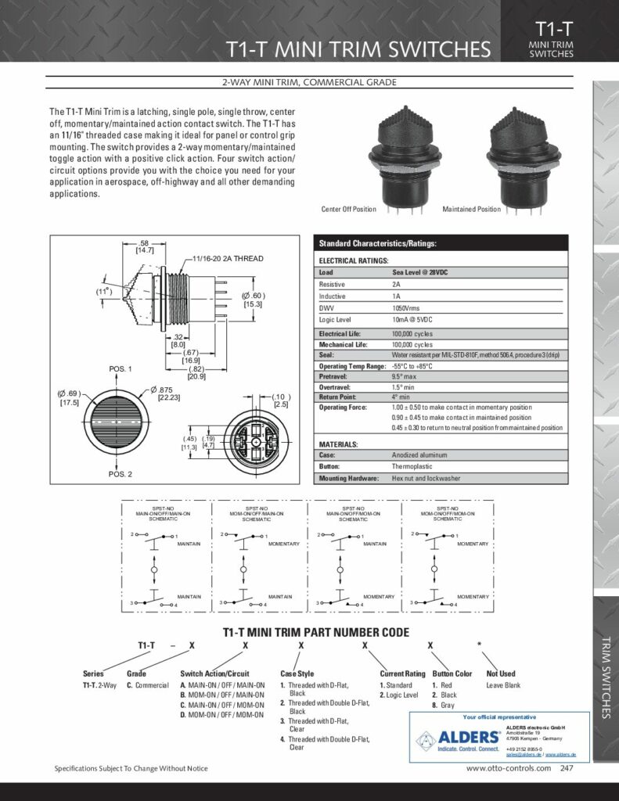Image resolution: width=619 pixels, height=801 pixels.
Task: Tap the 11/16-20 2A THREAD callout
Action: point(228,258)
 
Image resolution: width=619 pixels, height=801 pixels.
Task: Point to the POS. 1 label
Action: point(120,368)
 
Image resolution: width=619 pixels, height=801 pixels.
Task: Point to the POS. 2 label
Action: point(120,474)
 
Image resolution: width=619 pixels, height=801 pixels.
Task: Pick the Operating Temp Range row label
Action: point(353,366)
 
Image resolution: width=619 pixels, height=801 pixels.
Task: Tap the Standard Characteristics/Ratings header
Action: point(377,244)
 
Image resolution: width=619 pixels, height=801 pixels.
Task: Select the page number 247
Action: point(566,769)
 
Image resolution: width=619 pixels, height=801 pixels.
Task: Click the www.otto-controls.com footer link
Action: point(508,769)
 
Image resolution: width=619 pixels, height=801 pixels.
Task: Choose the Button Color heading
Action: point(452,673)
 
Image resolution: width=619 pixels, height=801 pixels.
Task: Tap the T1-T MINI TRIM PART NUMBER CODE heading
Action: point(305,632)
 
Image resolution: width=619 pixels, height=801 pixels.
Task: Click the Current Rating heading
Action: point(403,673)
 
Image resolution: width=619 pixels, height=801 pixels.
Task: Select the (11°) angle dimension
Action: point(105,292)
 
